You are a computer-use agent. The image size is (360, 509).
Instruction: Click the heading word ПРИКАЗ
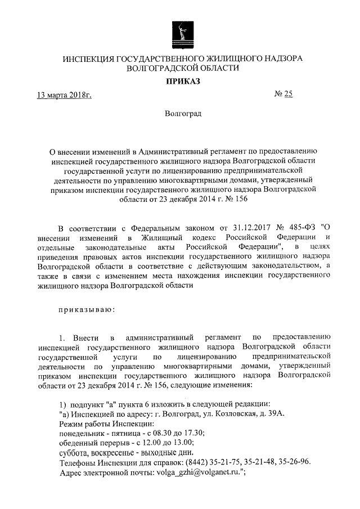point(180,81)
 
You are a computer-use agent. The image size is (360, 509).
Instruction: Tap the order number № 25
point(283,94)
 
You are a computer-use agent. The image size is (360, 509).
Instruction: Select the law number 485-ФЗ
point(299,228)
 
